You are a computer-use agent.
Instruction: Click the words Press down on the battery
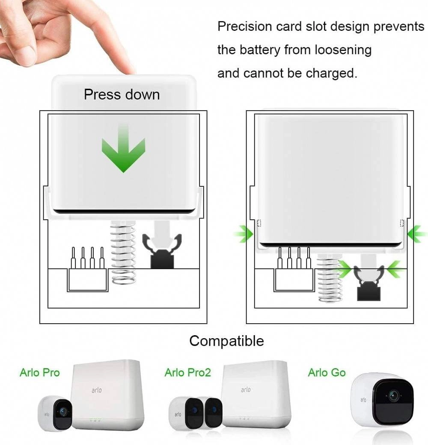122,94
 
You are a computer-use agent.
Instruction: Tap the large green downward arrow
123,152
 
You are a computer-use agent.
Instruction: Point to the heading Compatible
226,341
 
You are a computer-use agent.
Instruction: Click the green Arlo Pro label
40,373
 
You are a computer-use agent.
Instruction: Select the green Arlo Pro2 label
188,373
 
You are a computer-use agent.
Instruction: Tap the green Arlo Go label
327,373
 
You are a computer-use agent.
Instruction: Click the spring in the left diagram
123,252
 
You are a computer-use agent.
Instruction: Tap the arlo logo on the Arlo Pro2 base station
246,390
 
